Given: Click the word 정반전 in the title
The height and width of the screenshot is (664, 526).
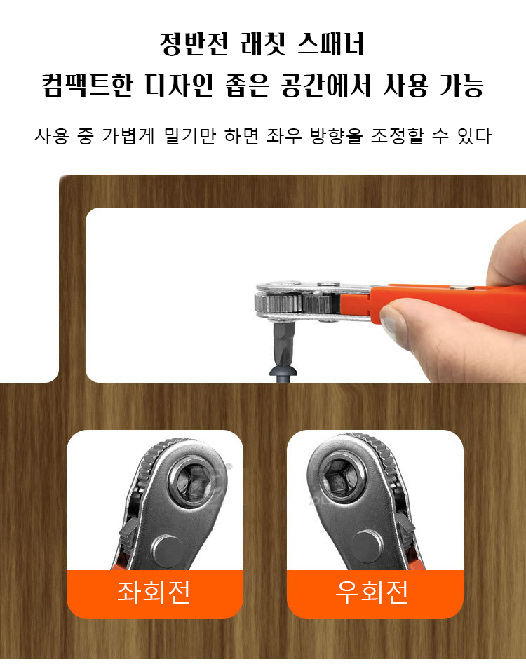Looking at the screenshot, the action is click(x=194, y=43).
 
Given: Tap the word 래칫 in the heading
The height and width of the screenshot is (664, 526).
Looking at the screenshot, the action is click(x=262, y=43).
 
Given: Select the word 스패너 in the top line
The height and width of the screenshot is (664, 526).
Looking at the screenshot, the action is click(x=331, y=43).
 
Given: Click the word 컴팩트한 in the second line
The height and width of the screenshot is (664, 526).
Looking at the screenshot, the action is click(x=87, y=85).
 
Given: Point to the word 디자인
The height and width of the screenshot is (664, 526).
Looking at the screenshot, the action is click(x=179, y=85).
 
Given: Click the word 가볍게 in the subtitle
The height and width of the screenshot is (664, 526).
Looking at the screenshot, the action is click(x=128, y=136).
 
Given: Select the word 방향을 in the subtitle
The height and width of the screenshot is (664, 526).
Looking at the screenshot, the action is click(x=337, y=136).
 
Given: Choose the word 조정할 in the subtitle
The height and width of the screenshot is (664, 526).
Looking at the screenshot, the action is click(x=397, y=136).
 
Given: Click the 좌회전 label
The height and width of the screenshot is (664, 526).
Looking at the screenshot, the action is click(x=154, y=592).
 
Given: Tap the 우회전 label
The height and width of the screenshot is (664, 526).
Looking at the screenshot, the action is click(x=372, y=592).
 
